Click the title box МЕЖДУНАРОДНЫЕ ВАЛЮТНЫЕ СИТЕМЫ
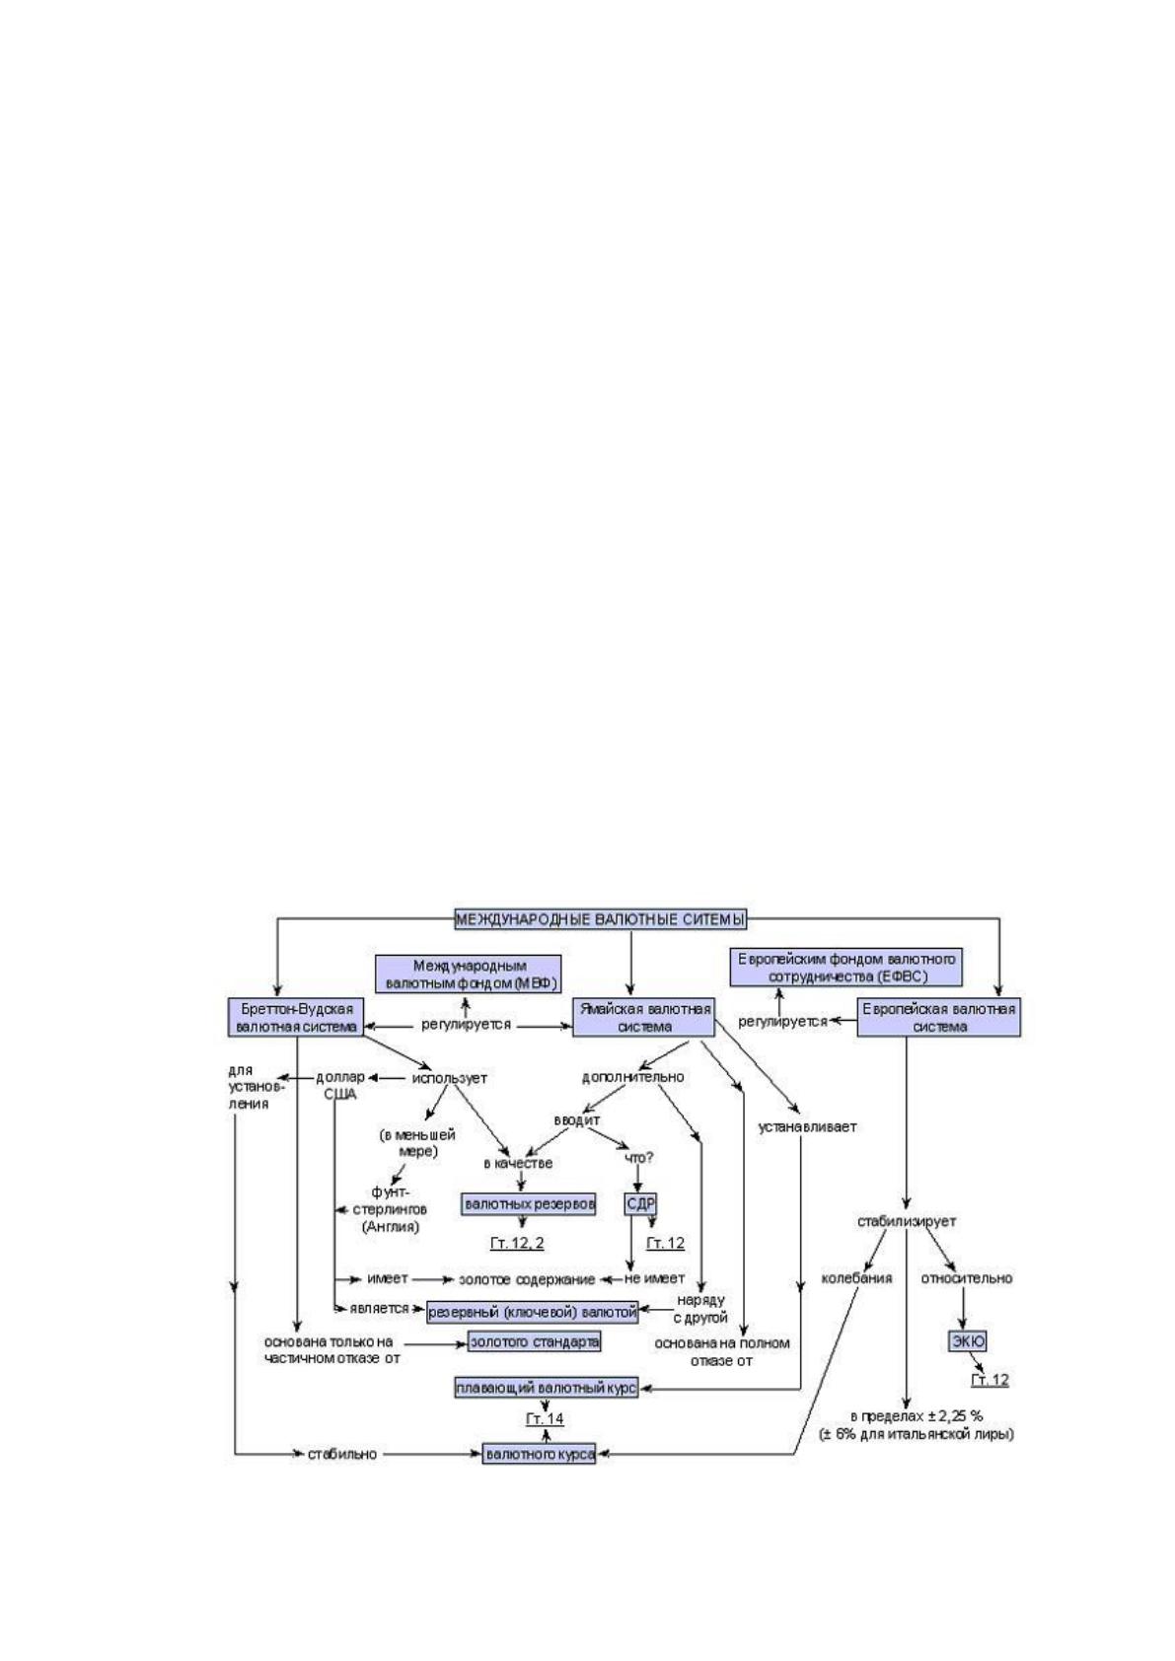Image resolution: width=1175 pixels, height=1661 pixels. click(x=600, y=919)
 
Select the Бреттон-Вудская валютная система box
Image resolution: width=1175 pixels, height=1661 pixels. click(x=297, y=1017)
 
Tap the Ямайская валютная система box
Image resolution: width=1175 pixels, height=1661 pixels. click(x=644, y=1017)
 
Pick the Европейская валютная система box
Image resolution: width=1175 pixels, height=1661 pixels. click(x=939, y=1017)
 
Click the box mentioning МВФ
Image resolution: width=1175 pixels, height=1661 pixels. click(x=468, y=975)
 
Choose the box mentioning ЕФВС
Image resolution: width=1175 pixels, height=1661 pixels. click(x=846, y=968)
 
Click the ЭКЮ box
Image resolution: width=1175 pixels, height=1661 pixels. click(x=968, y=1341)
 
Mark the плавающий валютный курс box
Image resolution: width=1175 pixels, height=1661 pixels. click(x=546, y=1388)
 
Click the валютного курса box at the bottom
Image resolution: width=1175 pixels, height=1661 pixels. click(x=540, y=1454)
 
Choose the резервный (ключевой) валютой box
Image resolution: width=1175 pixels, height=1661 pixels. click(x=533, y=1313)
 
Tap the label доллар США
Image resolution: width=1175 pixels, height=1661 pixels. click(x=340, y=1086)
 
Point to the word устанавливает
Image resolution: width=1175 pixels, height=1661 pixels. click(x=807, y=1127)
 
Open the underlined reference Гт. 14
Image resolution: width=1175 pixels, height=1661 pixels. click(x=545, y=1418)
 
